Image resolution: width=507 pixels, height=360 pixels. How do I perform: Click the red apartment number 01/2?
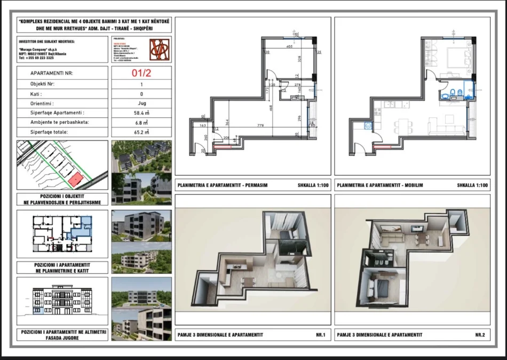141,74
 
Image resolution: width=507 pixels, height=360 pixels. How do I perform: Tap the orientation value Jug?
141,104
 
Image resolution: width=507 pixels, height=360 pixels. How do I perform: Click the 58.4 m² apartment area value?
141,113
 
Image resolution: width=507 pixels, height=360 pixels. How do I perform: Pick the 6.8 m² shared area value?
141,122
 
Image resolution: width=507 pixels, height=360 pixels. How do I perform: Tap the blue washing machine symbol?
367,127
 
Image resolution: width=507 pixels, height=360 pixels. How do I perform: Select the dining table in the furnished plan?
403,127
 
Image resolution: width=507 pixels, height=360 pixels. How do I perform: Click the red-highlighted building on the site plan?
76,180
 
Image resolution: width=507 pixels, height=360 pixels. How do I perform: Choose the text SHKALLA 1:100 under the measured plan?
313,185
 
